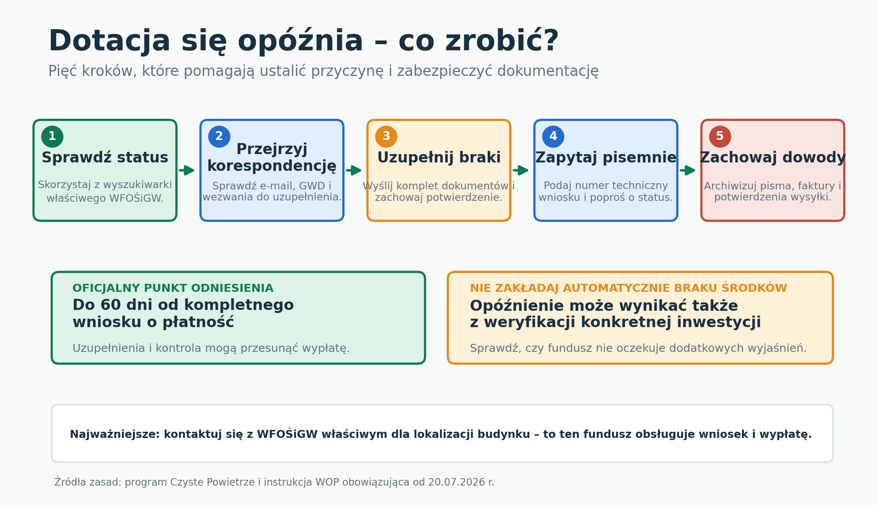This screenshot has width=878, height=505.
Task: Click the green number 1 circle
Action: click(x=52, y=136)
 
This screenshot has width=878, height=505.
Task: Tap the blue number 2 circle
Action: click(x=219, y=136)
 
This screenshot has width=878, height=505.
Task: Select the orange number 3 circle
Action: click(x=386, y=136)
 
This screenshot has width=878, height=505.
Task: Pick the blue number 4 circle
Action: click(x=553, y=136)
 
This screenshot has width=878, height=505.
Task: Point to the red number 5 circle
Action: click(x=720, y=136)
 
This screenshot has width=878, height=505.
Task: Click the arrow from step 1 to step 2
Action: click(x=187, y=170)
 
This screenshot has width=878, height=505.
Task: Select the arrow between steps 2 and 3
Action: click(x=354, y=170)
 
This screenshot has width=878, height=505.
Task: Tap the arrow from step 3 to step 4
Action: click(x=521, y=170)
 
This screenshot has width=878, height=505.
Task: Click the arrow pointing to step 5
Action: click(x=688, y=170)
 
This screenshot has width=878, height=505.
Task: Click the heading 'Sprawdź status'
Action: click(x=105, y=158)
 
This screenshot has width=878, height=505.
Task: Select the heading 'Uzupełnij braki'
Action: click(x=439, y=158)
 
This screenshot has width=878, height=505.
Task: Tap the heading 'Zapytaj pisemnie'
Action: click(x=606, y=158)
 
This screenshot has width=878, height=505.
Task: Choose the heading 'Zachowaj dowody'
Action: click(x=773, y=158)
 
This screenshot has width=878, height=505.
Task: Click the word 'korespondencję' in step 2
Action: click(x=272, y=166)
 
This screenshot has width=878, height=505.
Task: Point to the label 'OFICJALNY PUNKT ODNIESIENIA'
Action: click(x=173, y=288)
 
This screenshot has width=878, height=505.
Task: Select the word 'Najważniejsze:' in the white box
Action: click(x=115, y=434)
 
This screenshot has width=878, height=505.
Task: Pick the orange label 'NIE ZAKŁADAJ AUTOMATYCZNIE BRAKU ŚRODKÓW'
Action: click(x=628, y=288)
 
